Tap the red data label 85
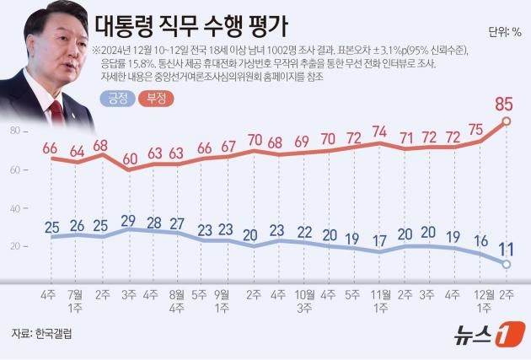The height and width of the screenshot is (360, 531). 505,105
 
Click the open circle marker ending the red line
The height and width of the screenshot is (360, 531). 506,121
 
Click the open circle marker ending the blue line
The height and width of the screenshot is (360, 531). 506,265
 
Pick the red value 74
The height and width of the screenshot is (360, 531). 379,132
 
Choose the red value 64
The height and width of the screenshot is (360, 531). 78,152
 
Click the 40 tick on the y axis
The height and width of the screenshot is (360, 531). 15,208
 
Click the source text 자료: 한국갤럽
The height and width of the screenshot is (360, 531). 42,335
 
